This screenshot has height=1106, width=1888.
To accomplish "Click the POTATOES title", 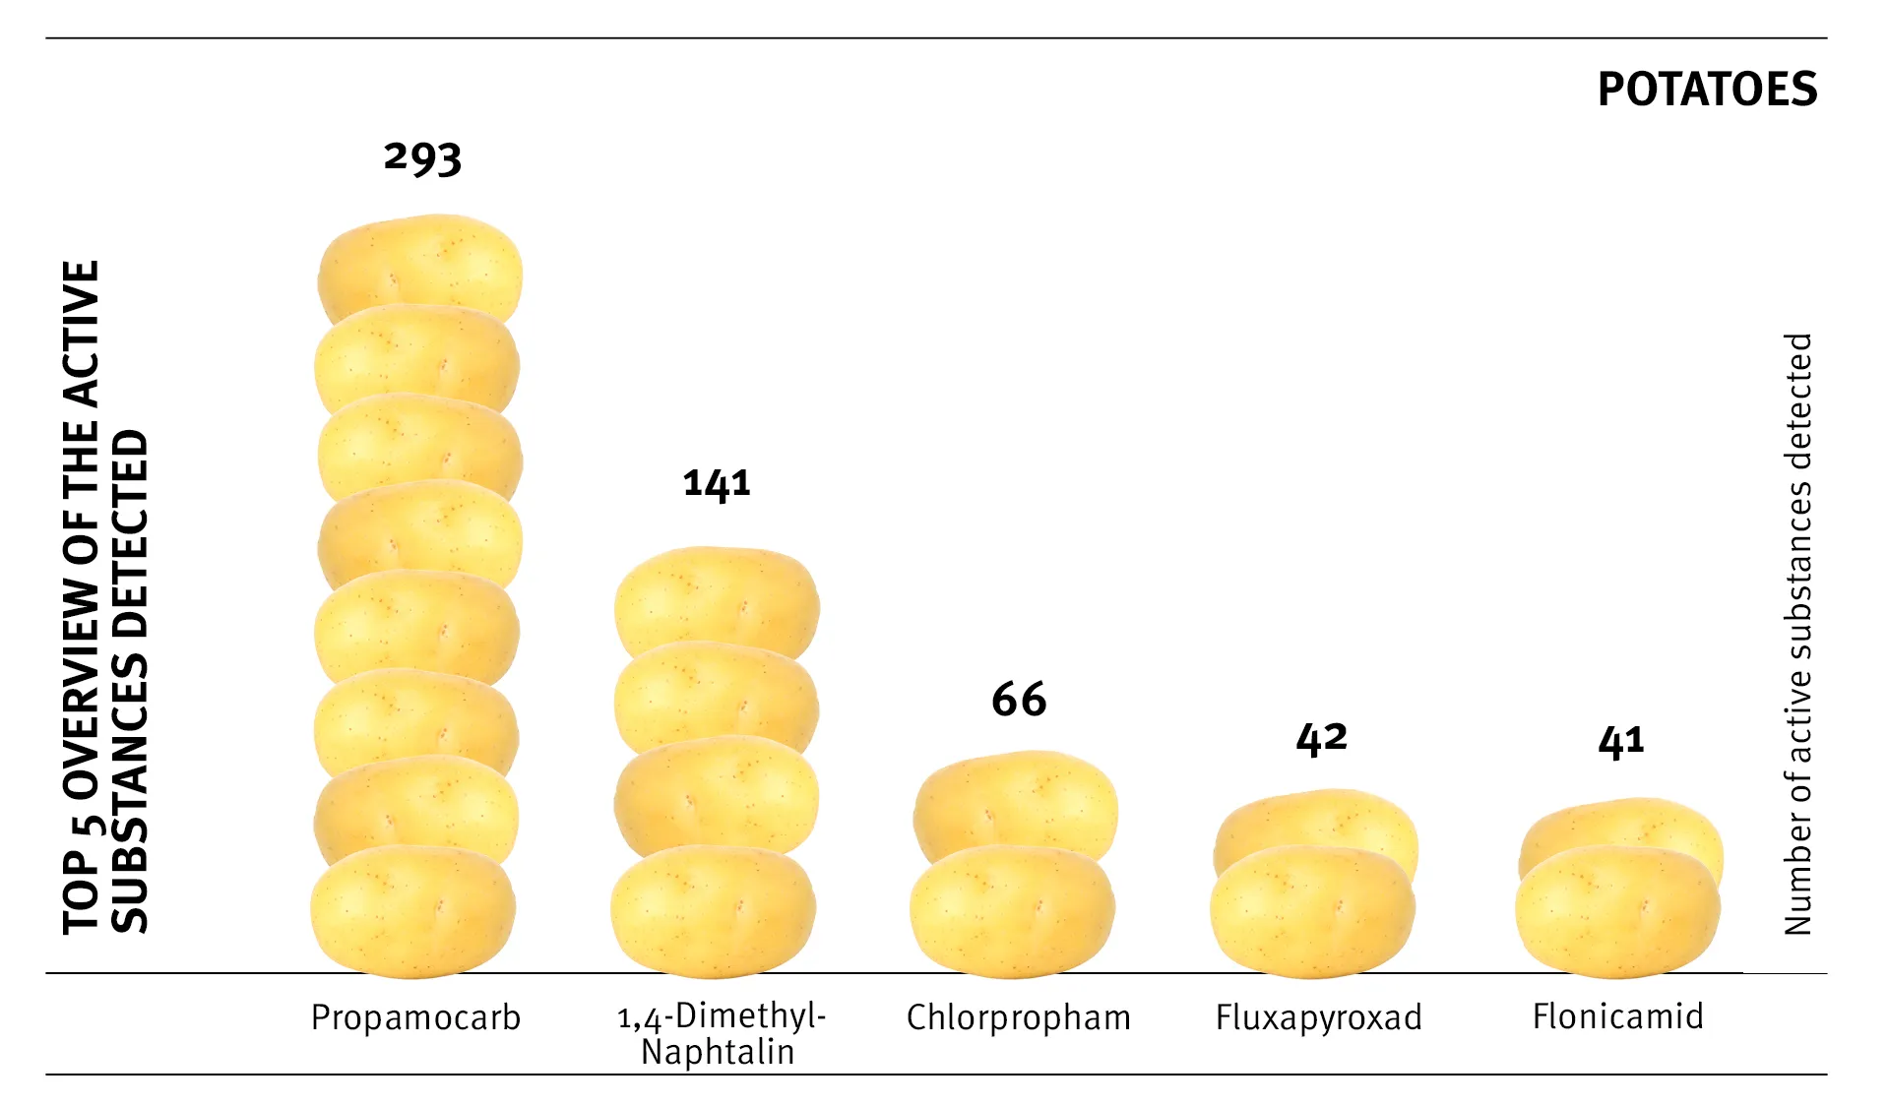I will [1706, 90].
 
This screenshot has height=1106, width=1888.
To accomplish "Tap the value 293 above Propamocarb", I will [422, 157].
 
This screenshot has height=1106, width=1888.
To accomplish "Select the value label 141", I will [717, 483].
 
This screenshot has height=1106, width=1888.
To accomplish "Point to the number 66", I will [1019, 700].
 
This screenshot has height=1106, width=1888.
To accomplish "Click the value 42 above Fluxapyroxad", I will [1321, 738].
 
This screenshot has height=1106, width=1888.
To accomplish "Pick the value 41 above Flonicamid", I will [1621, 741].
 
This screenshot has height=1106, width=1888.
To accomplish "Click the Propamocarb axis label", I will [415, 1017].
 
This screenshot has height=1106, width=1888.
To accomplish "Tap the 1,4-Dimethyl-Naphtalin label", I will [721, 1033].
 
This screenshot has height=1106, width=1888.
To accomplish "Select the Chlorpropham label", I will [1018, 1017].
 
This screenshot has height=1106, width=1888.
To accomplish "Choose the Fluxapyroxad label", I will [1318, 1017].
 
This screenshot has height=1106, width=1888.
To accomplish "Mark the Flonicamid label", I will [1617, 1016].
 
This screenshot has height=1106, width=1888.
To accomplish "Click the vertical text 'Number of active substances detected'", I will [1797, 634].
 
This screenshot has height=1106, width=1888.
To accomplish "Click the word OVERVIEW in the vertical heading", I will [82, 690].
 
